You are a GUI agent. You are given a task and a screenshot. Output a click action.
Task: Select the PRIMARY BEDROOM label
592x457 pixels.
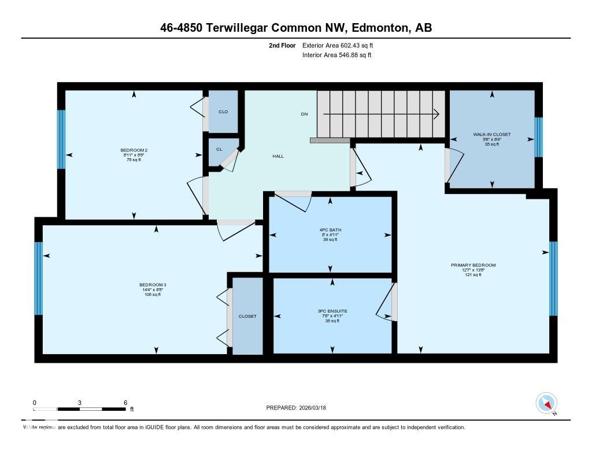[x=473, y=265]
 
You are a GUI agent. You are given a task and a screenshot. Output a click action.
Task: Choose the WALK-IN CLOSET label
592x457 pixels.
[x=491, y=135]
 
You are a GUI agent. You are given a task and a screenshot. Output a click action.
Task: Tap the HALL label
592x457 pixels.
[x=278, y=157]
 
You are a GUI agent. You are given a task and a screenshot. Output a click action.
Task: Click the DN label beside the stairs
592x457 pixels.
[x=304, y=114]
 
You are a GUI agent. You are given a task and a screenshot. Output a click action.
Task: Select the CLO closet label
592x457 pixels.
[x=223, y=112]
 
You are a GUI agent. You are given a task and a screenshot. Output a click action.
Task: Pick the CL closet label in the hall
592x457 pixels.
[x=219, y=149]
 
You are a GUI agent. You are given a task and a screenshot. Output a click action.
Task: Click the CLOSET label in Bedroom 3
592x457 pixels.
[x=247, y=316]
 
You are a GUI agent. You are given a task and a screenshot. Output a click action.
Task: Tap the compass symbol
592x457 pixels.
[x=546, y=403]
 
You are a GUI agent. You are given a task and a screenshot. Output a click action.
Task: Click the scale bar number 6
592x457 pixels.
[x=125, y=402]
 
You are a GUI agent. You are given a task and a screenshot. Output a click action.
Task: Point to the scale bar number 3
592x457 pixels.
[x=80, y=402]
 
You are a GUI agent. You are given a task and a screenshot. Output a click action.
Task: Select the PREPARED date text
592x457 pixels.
[x=300, y=408]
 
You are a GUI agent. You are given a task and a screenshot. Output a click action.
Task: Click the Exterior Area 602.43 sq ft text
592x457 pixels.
[x=342, y=46]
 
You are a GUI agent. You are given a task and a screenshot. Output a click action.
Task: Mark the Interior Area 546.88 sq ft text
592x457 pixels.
[x=337, y=55]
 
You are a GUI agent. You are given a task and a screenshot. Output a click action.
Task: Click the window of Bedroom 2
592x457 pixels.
[x=61, y=139]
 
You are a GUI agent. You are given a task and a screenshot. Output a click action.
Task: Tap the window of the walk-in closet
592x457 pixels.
[x=539, y=138]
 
